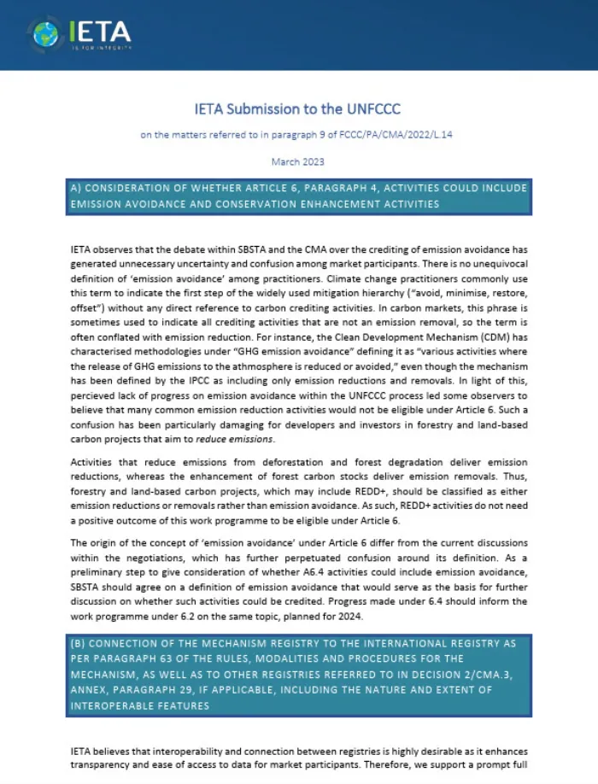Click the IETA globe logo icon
coord(45,33)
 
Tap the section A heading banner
coord(299,196)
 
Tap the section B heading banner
coord(299,675)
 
